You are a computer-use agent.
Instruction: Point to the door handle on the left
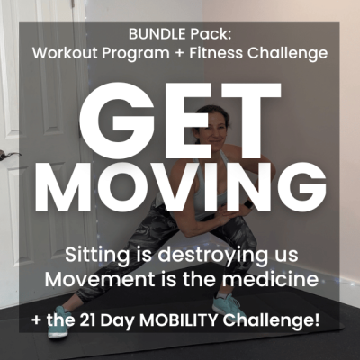tap(11, 157)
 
